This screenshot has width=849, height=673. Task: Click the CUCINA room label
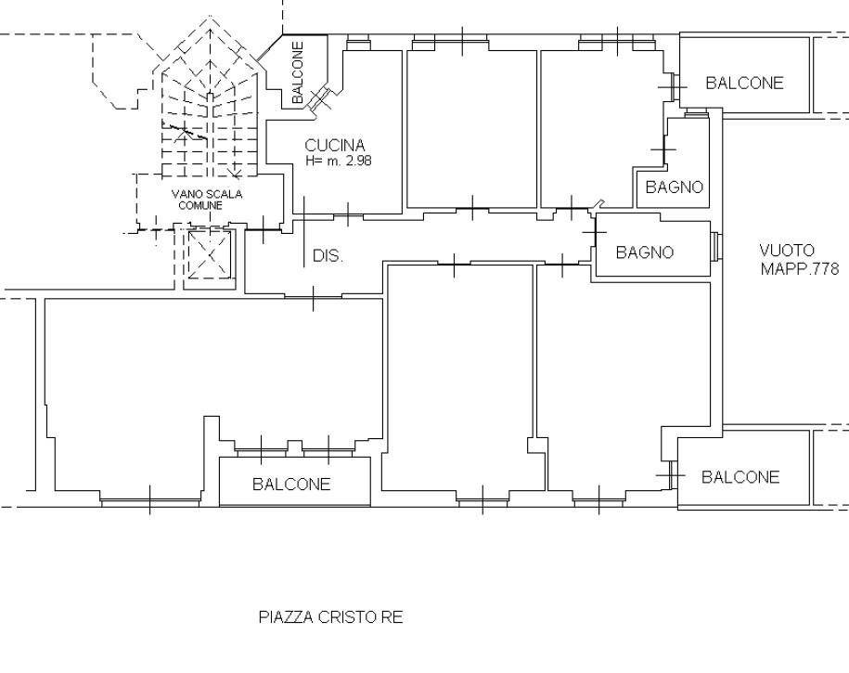click(x=335, y=145)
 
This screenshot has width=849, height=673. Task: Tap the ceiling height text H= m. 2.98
click(x=339, y=161)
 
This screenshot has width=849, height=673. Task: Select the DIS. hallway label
click(x=328, y=256)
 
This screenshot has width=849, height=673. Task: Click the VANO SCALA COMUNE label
click(x=206, y=200)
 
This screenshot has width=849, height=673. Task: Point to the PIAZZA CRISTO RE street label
click(x=331, y=617)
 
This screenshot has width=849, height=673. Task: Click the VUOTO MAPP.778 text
click(x=799, y=260)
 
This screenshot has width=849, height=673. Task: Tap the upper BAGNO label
click(x=675, y=188)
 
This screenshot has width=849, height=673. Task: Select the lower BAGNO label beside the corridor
click(x=645, y=252)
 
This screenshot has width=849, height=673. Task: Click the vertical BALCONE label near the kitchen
click(x=298, y=72)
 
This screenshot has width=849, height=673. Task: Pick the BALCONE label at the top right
click(x=744, y=83)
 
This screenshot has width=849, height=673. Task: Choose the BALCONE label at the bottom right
click(x=740, y=477)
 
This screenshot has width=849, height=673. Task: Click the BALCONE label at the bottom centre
click(x=291, y=484)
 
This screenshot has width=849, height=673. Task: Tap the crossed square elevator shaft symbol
click(x=210, y=254)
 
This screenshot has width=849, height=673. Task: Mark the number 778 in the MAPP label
click(x=824, y=268)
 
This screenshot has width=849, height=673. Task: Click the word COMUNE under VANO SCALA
click(x=200, y=206)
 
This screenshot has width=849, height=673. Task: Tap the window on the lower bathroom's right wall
click(x=715, y=247)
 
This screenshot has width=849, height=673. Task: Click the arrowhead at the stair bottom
click(x=236, y=174)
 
